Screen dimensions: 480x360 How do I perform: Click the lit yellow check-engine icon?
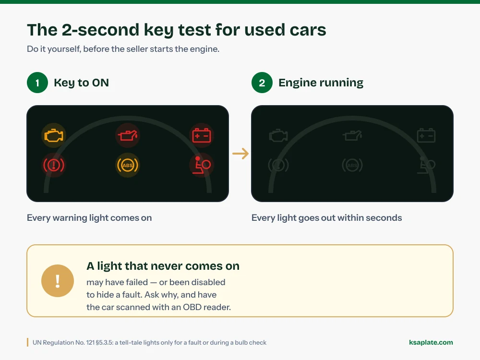[x=54, y=135]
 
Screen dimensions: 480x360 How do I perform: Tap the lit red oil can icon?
[x=128, y=135]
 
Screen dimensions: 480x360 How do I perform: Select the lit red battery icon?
[x=202, y=135]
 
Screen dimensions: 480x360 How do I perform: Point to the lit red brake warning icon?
[x=54, y=165]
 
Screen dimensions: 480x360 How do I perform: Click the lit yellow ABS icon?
[x=128, y=165]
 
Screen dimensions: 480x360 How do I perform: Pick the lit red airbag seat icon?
[x=202, y=165]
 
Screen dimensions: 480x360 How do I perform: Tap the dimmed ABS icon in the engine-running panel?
[x=352, y=165]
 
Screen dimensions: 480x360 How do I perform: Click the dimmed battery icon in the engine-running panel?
[x=426, y=135]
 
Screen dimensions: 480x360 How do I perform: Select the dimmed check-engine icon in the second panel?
[x=278, y=135]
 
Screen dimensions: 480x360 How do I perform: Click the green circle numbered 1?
[x=37, y=83]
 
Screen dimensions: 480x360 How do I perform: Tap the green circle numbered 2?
[x=262, y=83]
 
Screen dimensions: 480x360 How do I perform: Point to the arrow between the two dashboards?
[x=240, y=154]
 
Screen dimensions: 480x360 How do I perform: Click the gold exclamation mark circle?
[x=58, y=281]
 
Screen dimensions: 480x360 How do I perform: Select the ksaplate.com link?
[x=431, y=342]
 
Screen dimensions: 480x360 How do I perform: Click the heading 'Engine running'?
[x=321, y=83]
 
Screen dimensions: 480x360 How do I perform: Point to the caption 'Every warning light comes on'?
[x=89, y=217]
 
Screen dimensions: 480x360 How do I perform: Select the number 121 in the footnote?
[x=90, y=343]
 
